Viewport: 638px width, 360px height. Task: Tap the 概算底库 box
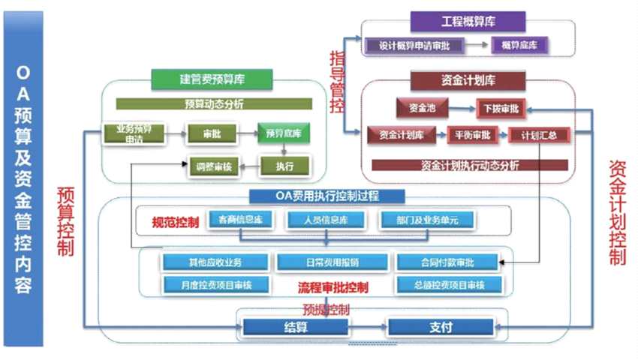(519, 45)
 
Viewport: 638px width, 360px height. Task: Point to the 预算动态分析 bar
(213, 103)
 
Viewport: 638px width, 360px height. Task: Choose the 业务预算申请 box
(134, 134)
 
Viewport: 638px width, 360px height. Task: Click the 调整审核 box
(215, 166)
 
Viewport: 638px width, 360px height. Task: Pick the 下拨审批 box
(503, 108)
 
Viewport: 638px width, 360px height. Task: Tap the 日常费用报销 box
(333, 262)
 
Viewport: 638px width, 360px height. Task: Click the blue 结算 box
(294, 327)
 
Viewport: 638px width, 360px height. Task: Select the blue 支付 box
(440, 327)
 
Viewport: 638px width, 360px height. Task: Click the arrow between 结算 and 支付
(367, 327)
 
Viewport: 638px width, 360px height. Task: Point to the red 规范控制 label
(176, 222)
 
